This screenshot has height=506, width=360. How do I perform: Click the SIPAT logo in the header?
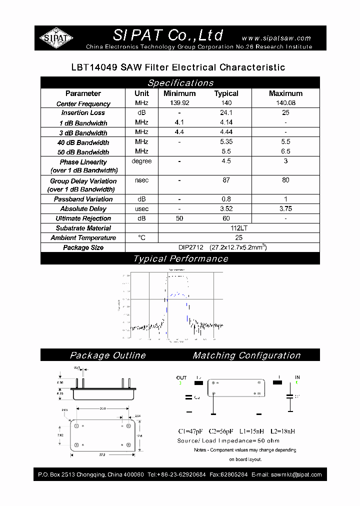coord(56,37)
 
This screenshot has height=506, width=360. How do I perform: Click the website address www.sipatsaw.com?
coord(276,38)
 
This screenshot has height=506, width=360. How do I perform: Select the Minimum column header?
coord(179,93)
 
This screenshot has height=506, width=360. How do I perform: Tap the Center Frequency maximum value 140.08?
coord(285,103)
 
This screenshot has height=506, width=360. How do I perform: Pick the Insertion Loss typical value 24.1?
coord(226,112)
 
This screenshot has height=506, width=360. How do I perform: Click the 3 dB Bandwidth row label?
coord(83,133)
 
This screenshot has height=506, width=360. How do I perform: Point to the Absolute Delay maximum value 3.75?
coord(285,208)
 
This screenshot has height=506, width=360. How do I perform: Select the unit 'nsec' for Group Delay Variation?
coord(141,180)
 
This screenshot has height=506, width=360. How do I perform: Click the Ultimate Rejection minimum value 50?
coord(179,218)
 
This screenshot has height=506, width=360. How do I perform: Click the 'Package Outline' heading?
coord(107,355)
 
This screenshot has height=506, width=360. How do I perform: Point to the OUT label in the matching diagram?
coord(181,378)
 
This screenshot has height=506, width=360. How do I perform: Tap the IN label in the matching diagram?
coord(297,378)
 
